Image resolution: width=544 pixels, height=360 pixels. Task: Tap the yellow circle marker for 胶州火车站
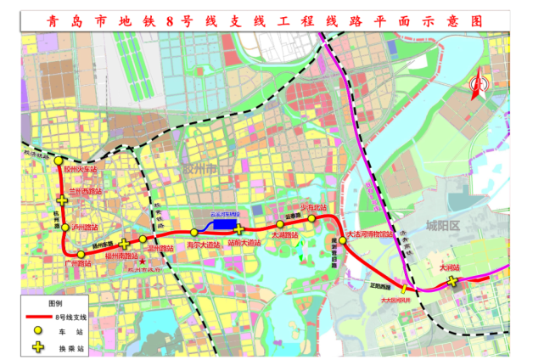[58, 160]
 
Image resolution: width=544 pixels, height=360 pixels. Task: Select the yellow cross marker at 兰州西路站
[62, 199]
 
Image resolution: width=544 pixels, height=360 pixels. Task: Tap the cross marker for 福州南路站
[125, 244]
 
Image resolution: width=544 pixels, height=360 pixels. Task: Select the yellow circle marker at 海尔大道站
[194, 232]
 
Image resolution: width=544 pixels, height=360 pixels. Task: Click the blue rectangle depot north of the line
[224, 225]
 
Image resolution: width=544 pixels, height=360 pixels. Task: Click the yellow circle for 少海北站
[311, 219]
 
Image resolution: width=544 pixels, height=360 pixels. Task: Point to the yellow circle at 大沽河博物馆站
[344, 240]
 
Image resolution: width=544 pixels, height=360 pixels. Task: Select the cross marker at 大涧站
[453, 281]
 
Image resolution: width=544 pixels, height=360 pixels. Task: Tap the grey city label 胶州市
[201, 170]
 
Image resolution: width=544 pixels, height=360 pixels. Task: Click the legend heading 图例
[55, 302]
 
